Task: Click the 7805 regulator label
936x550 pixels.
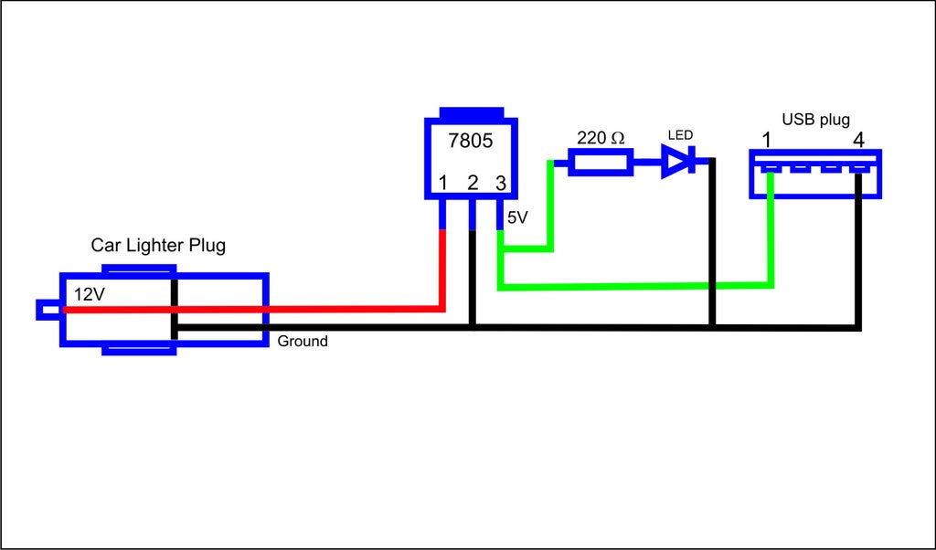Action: pos(471,141)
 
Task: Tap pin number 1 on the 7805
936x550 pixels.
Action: pos(443,183)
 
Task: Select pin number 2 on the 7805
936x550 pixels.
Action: pos(473,183)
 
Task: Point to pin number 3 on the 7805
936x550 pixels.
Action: pos(501,183)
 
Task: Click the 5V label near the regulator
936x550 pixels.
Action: pos(517,218)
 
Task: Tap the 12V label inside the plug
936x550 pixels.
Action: pos(90,294)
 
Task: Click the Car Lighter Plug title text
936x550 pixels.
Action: pos(158,245)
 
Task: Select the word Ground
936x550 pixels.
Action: pos(303,341)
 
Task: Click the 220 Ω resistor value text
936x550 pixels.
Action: pos(601,138)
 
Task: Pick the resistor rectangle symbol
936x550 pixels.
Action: pos(601,163)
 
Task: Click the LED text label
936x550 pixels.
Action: pos(680,135)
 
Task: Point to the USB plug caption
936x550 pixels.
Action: pos(815,120)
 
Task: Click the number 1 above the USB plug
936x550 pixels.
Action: pos(767,141)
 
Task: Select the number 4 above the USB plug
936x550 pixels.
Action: pos(858,141)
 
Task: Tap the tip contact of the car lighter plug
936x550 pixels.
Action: pos(48,310)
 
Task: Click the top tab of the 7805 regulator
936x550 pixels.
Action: pos(472,112)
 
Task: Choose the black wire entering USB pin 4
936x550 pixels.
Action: pos(858,250)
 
